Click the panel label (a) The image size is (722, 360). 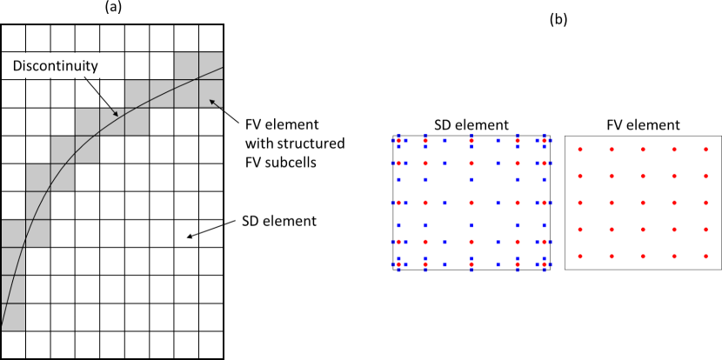(112, 8)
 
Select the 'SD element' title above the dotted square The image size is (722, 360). (471, 124)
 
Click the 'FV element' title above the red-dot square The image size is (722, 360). (643, 124)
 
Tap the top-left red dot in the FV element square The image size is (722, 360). (581, 150)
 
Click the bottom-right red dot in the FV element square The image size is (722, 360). (705, 257)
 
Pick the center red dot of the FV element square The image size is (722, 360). (643, 203)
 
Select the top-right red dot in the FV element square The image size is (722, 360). (705, 150)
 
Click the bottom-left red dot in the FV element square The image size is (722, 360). (581, 257)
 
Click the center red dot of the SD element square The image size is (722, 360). (471, 203)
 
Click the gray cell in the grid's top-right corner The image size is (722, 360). (211, 65)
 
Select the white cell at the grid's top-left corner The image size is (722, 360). (12, 37)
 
